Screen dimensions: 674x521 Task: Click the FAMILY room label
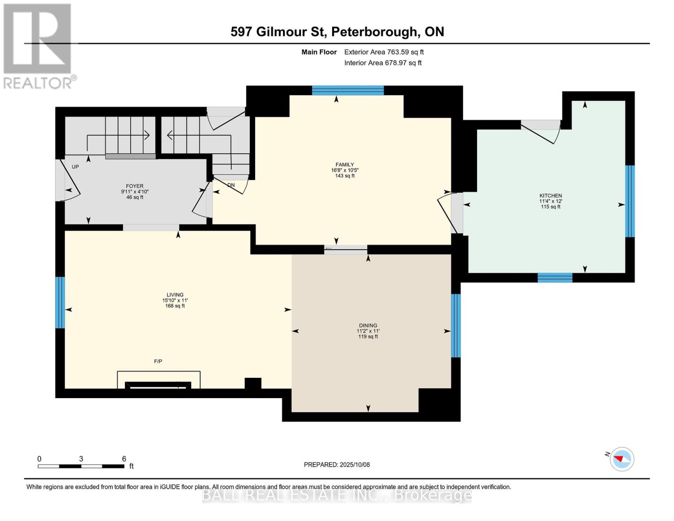(x=345, y=165)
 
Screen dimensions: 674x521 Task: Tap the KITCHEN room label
(x=551, y=195)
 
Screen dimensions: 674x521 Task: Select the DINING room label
(x=368, y=326)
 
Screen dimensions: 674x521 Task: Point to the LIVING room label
(x=175, y=295)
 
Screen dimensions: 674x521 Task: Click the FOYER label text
(x=135, y=186)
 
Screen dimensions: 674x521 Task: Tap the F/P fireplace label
(x=158, y=361)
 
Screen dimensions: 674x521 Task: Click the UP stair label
(x=76, y=167)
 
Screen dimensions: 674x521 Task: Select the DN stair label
(x=231, y=185)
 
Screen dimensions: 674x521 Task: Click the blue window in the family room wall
(x=348, y=90)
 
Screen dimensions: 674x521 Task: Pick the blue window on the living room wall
(x=60, y=303)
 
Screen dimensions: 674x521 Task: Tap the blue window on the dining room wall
(x=456, y=326)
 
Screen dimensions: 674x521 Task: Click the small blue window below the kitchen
(x=555, y=278)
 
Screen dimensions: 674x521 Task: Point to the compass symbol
(x=622, y=459)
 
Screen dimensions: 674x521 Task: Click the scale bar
(x=81, y=466)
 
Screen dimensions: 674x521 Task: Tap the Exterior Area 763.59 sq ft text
(x=384, y=52)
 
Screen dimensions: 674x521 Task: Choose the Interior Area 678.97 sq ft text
(x=383, y=63)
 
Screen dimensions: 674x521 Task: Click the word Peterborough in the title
(x=375, y=32)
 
